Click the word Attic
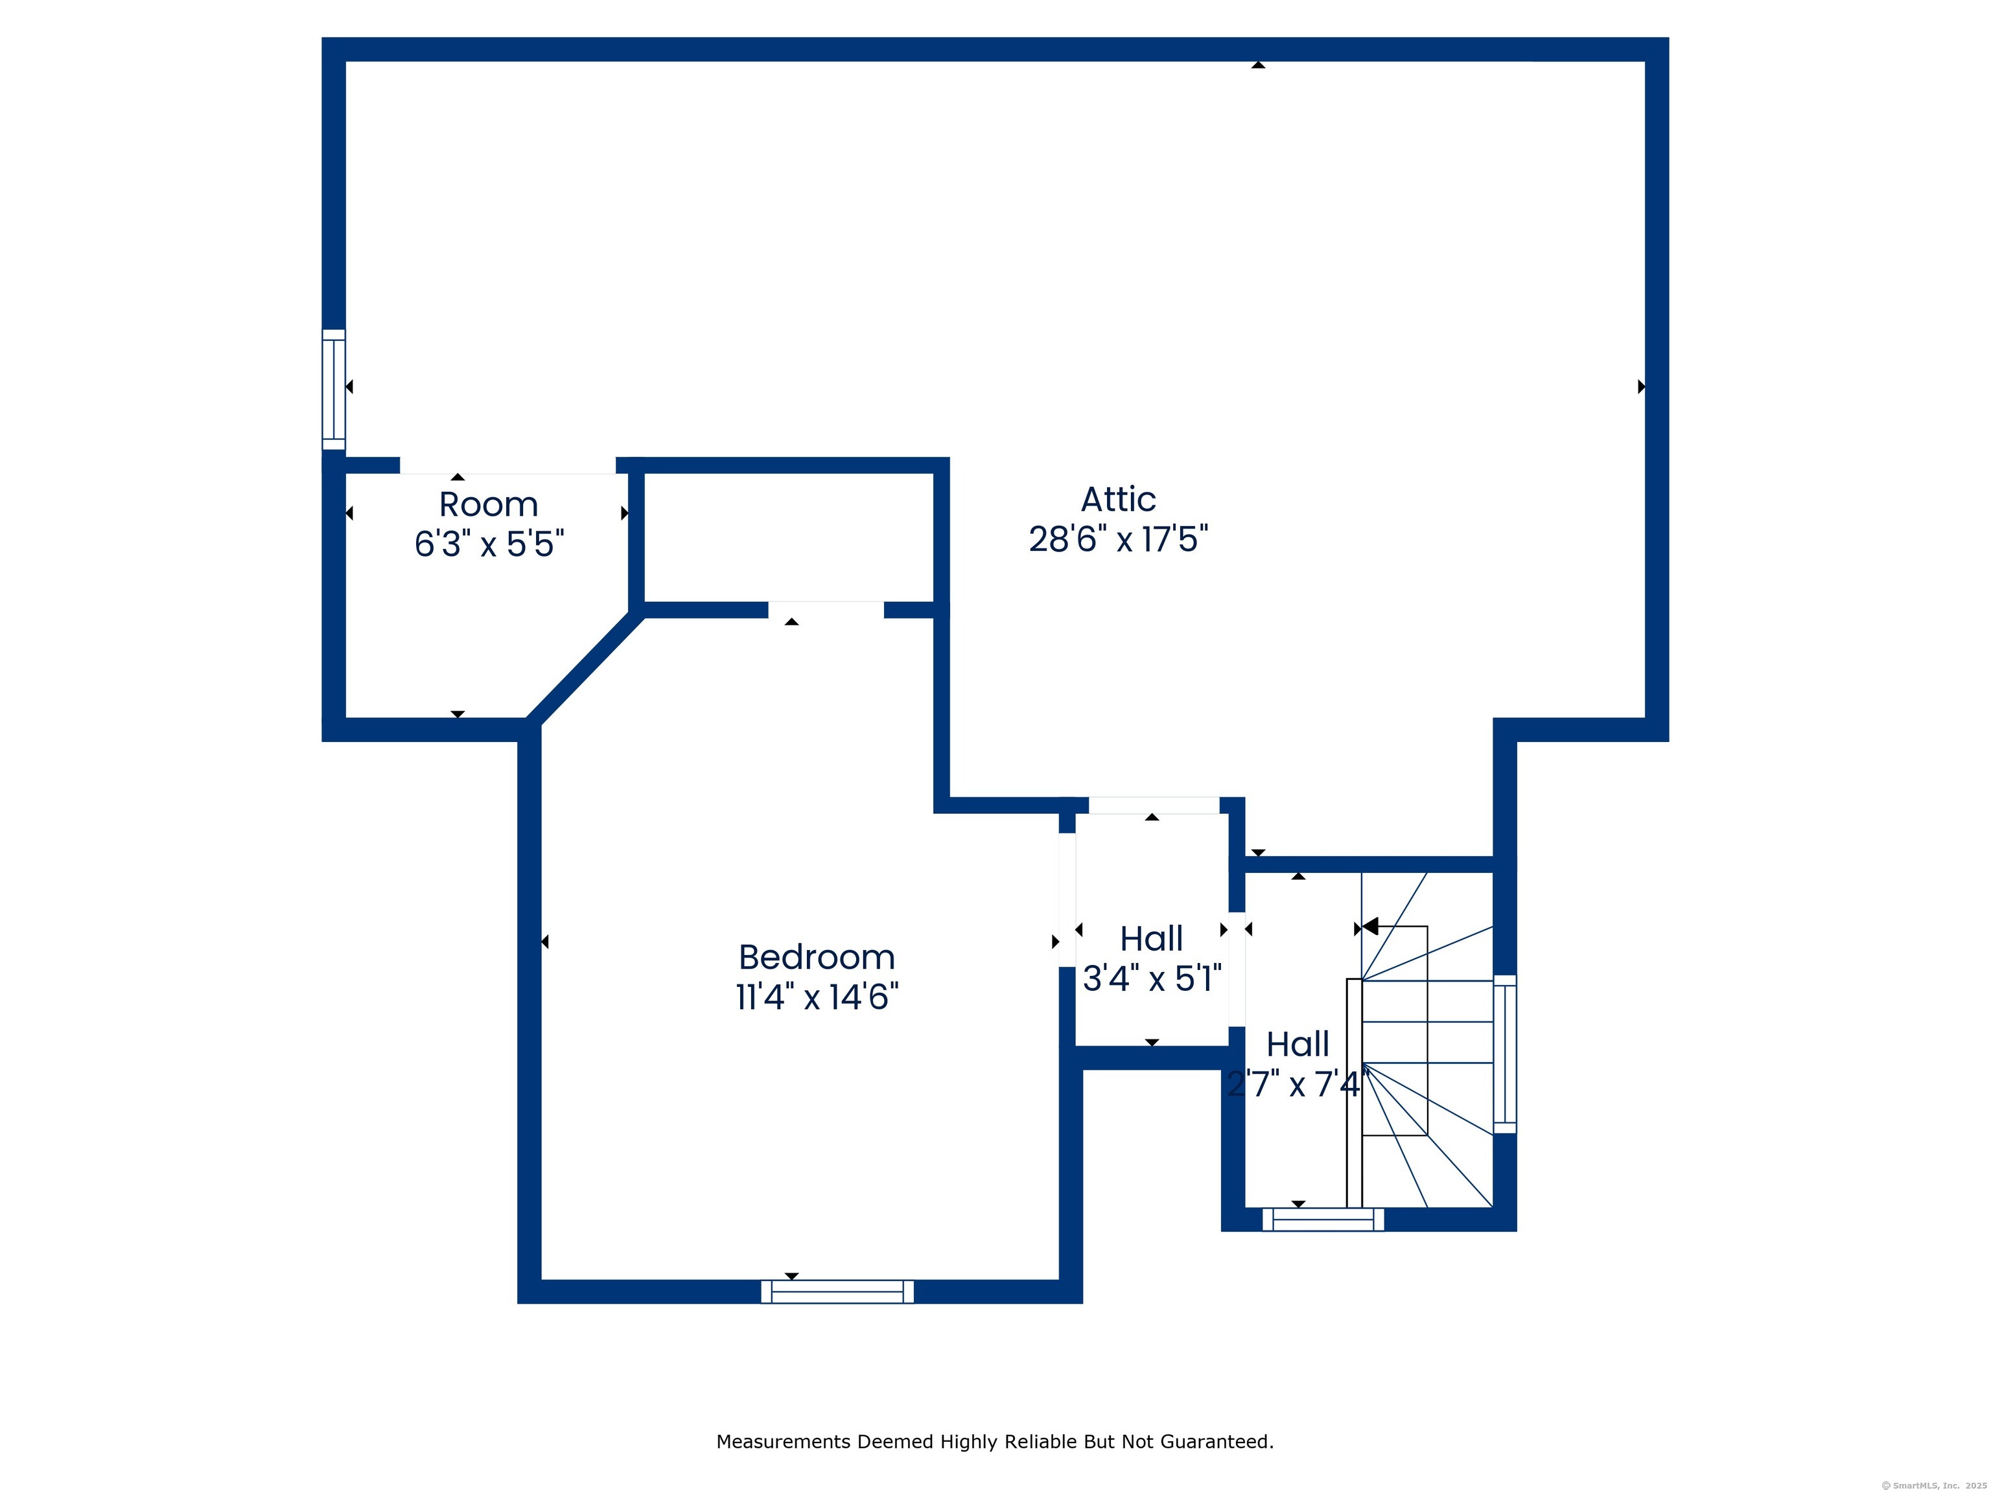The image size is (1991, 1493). click(1118, 500)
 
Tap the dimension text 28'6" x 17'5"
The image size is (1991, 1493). click(1118, 539)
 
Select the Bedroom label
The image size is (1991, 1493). click(817, 956)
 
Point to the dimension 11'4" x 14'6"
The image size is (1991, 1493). click(817, 996)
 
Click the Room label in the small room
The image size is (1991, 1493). click(489, 504)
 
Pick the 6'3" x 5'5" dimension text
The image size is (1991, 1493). click(489, 544)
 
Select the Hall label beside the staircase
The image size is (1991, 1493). click(1298, 1044)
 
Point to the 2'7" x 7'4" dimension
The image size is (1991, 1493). click(1298, 1083)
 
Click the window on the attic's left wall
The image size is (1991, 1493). click(334, 389)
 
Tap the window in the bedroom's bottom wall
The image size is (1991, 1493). click(837, 1291)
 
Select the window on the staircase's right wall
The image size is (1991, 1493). click(1505, 1054)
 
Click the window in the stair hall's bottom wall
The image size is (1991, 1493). click(1323, 1220)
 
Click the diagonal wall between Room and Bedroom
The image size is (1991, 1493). click(585, 667)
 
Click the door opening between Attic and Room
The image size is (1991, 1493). click(507, 465)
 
